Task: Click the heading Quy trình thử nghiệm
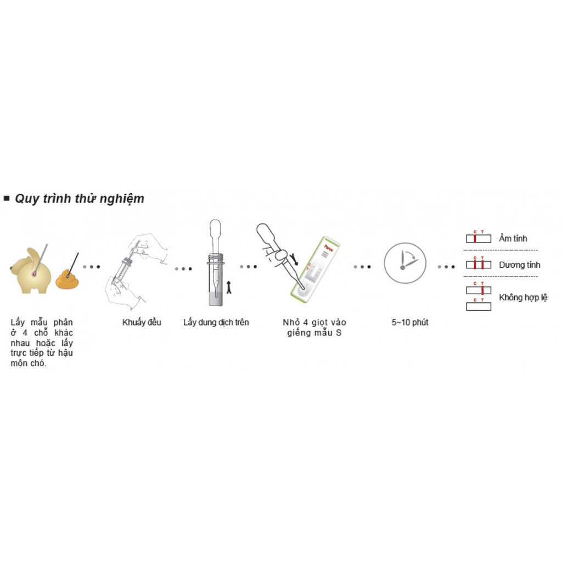(x=79, y=199)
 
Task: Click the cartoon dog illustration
(x=31, y=271)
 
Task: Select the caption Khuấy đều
(x=142, y=322)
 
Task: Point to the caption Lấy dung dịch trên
(x=216, y=322)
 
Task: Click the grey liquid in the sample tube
(x=216, y=299)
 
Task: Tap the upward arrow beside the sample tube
(x=229, y=288)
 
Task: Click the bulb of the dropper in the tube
(x=215, y=226)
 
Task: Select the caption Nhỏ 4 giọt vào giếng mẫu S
(x=314, y=327)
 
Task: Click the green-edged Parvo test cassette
(x=315, y=269)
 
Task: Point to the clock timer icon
(x=405, y=263)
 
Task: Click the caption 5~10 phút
(x=409, y=322)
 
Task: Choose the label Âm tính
(x=513, y=238)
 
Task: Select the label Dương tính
(x=519, y=265)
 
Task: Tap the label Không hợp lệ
(x=523, y=297)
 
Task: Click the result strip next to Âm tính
(x=479, y=239)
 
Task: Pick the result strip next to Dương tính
(x=479, y=265)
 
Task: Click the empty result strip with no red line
(x=479, y=307)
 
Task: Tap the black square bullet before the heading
(x=7, y=198)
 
